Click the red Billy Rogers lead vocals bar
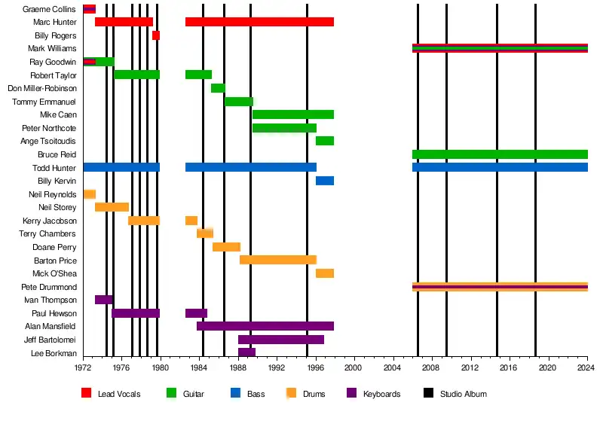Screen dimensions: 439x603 point(156,35)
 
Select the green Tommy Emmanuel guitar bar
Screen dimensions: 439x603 point(239,102)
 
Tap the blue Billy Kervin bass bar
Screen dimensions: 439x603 point(325,181)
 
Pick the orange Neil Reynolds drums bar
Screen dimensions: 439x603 point(90,194)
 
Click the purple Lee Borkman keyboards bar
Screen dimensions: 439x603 point(246,352)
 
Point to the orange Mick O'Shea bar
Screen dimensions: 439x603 point(325,273)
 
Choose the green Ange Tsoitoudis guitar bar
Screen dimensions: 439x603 point(325,141)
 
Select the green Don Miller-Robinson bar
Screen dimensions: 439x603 point(218,88)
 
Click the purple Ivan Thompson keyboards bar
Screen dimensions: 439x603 point(104,300)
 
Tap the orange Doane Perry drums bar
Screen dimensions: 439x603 point(226,247)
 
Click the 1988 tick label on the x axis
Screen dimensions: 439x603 point(238,367)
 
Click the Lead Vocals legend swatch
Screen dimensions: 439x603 point(87,393)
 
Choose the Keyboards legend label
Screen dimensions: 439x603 point(382,394)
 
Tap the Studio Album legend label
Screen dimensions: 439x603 point(464,394)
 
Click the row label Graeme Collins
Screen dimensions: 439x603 point(50,9)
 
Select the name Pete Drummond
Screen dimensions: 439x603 point(51,287)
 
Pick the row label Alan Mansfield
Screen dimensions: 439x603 point(50,326)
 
